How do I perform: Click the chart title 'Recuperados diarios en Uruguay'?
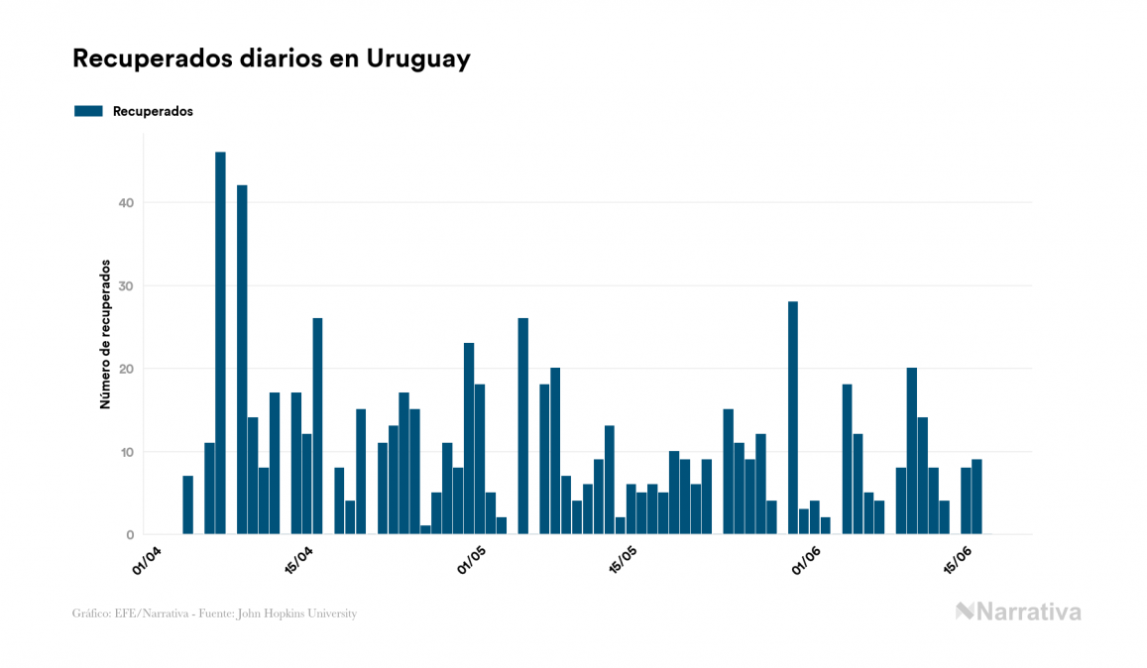click(271, 58)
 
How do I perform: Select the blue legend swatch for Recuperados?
click(88, 111)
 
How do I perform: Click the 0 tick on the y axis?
click(131, 535)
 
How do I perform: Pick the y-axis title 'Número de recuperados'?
click(104, 335)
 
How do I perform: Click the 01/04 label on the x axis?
click(147, 558)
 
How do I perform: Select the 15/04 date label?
click(298, 558)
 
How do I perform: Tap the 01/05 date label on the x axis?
click(471, 558)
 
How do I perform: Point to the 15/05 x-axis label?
click(623, 558)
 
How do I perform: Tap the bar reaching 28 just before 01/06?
click(793, 417)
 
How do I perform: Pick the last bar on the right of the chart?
click(976, 497)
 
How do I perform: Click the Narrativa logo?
click(1018, 612)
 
